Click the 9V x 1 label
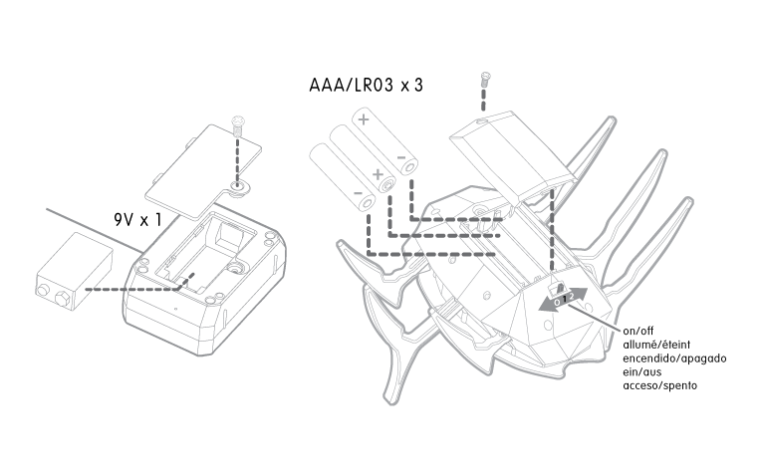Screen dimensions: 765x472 pos(137,220)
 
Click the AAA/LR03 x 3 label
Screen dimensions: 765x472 pos(366,85)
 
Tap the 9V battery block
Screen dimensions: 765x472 pos(75,272)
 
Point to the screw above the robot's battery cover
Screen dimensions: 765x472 pos(484,80)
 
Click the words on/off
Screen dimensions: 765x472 pos(637,331)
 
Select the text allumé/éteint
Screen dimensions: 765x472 pos(656,345)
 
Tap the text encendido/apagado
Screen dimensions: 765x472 pos(674,358)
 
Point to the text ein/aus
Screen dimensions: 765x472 pos(642,372)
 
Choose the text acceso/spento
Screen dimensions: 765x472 pos(660,385)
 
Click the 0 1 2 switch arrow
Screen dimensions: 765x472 pos(563,299)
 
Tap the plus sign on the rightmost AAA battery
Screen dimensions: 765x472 pos(364,118)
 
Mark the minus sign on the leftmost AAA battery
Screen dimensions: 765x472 pos(358,193)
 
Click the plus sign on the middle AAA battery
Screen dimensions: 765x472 pos(378,174)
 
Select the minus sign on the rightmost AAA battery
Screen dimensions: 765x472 pos(401,157)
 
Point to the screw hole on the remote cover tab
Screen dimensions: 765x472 pos(239,186)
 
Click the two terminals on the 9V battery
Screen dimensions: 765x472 pos(54,295)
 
